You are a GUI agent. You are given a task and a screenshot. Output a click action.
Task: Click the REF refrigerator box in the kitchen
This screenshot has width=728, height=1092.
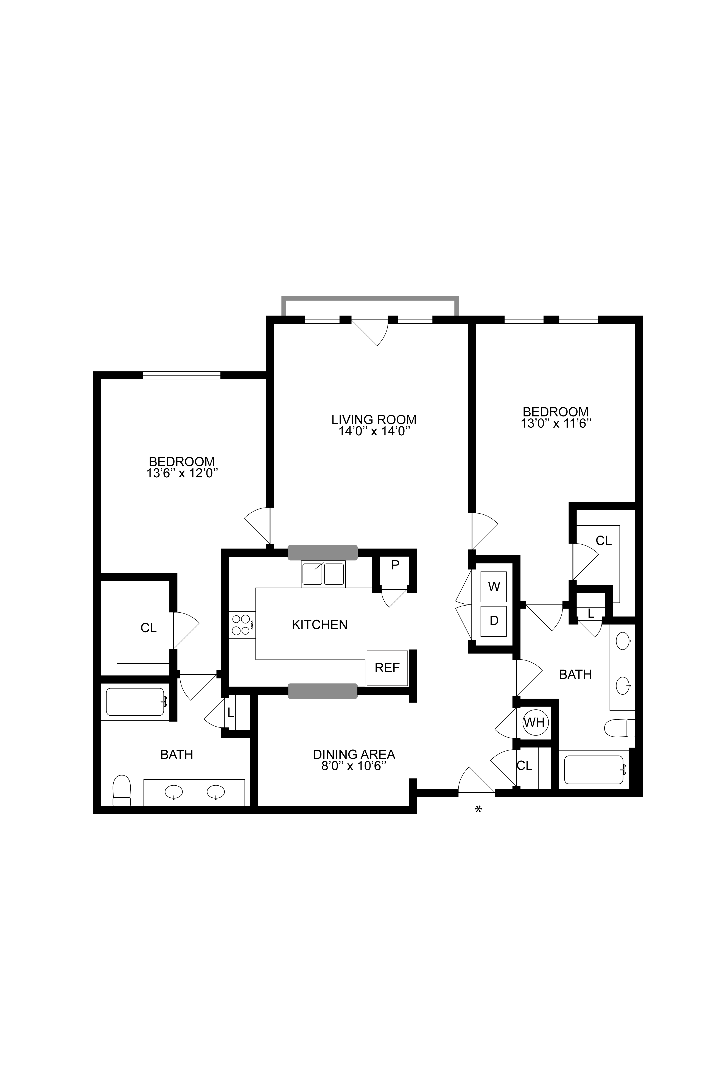pyautogui.click(x=387, y=668)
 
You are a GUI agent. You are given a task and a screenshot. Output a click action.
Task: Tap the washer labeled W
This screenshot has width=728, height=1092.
pyautogui.click(x=494, y=587)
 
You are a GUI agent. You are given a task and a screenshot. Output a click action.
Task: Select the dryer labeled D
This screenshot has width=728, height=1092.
pyautogui.click(x=494, y=621)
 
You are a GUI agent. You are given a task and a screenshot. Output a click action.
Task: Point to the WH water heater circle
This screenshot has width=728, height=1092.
pyautogui.click(x=534, y=723)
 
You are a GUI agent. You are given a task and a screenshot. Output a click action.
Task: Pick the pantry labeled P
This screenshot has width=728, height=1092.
pyautogui.click(x=395, y=565)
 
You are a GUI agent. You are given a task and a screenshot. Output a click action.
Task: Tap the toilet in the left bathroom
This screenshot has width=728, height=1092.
pyautogui.click(x=122, y=790)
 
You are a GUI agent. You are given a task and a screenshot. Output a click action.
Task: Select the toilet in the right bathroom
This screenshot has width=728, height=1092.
pyautogui.click(x=619, y=727)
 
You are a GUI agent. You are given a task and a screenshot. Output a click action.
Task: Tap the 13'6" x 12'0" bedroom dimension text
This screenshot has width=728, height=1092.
pyautogui.click(x=182, y=474)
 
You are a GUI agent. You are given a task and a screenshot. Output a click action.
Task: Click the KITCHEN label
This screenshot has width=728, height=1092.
pyautogui.click(x=320, y=625)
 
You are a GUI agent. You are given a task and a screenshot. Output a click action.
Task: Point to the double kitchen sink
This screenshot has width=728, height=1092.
pyautogui.click(x=323, y=574)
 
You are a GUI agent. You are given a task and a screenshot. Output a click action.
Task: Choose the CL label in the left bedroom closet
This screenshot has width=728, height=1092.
pyautogui.click(x=149, y=628)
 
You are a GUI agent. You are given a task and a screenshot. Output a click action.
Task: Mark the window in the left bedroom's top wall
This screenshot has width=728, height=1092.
pyautogui.click(x=181, y=375)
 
